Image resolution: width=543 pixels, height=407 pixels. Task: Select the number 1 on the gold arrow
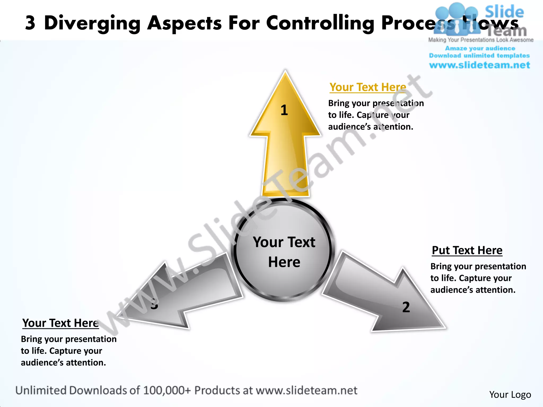(x=284, y=110)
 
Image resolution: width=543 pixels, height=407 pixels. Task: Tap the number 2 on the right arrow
(x=406, y=307)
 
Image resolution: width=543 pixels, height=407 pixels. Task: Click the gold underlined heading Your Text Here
(x=368, y=87)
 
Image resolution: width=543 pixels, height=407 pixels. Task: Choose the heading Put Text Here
(x=467, y=250)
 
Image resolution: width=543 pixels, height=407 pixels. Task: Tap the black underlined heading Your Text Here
(x=60, y=323)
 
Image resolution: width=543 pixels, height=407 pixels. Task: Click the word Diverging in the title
(x=92, y=23)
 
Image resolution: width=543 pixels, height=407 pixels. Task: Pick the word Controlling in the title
(x=320, y=23)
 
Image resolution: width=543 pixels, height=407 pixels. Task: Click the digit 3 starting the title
(x=30, y=23)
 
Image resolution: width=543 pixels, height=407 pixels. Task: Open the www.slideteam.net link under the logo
(x=479, y=65)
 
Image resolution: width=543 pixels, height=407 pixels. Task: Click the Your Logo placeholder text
(x=510, y=395)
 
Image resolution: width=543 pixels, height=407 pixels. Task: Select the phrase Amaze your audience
(x=480, y=48)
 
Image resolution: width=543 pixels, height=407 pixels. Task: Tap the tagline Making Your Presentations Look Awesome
(x=481, y=40)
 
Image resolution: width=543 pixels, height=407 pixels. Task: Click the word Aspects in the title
(x=185, y=23)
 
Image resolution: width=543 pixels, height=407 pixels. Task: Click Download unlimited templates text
(x=479, y=56)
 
